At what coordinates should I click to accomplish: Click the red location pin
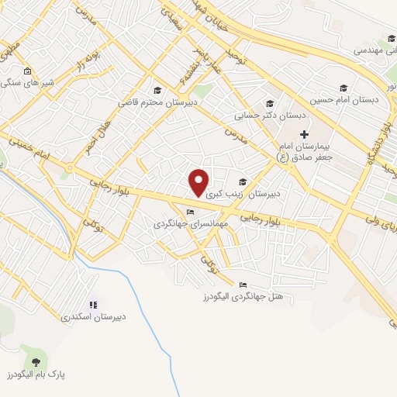pos(199,181)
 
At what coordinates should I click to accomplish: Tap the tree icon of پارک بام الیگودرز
pos(34,361)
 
